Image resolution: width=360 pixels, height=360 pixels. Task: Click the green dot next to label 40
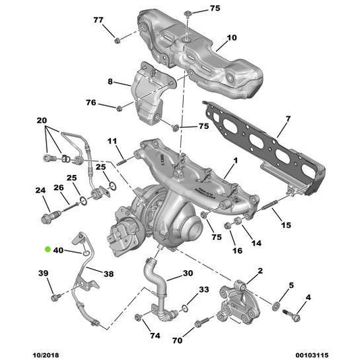47,250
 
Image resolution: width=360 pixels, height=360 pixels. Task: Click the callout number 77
99,20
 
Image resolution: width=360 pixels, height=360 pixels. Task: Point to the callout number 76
91,103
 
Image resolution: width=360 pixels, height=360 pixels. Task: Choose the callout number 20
42,120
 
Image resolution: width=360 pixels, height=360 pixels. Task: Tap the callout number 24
40,190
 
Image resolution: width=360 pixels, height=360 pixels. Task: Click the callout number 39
43,273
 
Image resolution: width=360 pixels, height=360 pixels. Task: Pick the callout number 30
187,274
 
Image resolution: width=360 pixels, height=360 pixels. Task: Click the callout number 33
203,289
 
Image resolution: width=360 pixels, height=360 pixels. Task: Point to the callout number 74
154,335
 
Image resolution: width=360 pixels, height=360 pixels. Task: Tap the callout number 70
177,341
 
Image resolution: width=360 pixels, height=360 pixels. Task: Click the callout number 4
309,297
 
